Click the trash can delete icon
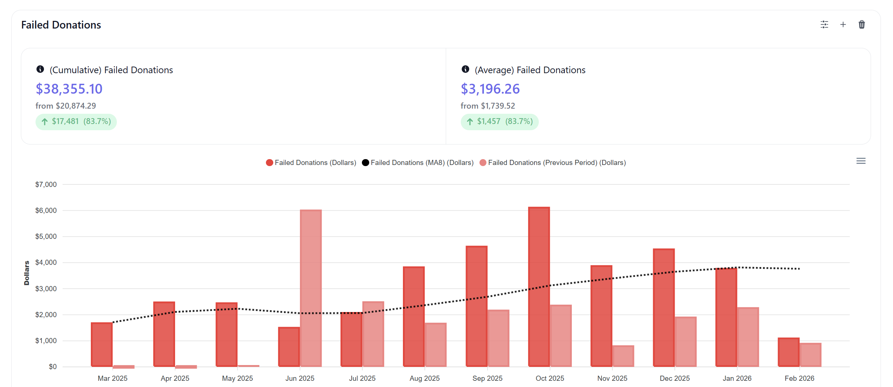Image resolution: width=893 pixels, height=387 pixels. [861, 25]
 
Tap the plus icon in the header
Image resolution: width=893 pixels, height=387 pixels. [843, 25]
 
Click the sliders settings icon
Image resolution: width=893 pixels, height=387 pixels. [824, 25]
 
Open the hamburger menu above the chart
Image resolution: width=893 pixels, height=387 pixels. [861, 161]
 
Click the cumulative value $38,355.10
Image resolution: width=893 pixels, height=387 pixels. [69, 89]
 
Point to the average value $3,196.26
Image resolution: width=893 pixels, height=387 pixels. [490, 89]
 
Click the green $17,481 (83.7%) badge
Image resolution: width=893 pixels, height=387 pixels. [76, 121]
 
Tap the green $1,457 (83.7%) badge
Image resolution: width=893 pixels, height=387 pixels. [499, 121]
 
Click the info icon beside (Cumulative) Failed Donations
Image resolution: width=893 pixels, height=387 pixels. [40, 69]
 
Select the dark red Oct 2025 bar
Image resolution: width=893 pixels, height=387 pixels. [539, 287]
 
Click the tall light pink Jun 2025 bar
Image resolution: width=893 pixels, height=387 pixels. [311, 288]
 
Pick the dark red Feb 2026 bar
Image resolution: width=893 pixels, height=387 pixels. [789, 352]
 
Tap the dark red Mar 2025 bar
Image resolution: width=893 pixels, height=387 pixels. [102, 344]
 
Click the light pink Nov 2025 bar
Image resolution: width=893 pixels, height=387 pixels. [623, 356]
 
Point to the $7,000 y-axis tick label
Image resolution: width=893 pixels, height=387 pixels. [46, 184]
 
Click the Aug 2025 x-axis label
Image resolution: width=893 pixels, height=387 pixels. [425, 378]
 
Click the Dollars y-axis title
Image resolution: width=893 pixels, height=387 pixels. [26, 273]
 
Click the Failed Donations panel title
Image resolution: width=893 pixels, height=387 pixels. [61, 25]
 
